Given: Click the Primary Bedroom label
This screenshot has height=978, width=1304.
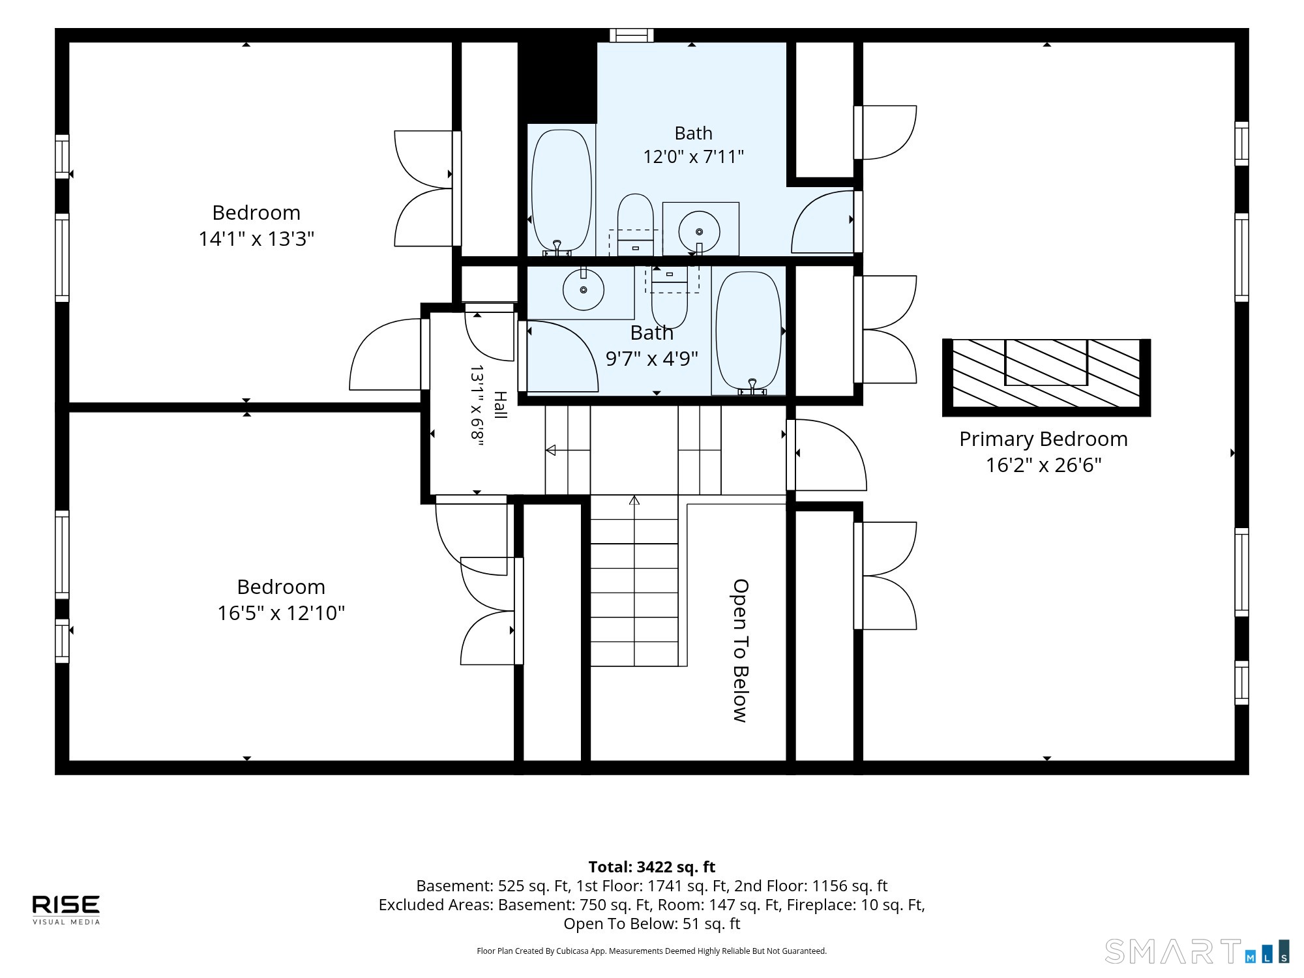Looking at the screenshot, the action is (x=1043, y=439).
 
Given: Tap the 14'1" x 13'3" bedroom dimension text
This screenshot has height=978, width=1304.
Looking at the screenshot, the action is (x=256, y=239).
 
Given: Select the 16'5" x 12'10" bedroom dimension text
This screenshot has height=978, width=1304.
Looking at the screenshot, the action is (x=281, y=613).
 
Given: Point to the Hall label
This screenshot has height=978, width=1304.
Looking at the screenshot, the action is (x=500, y=405).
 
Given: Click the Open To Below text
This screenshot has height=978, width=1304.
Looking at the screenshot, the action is (x=740, y=651).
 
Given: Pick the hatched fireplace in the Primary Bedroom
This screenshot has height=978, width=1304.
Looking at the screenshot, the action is (x=1046, y=378).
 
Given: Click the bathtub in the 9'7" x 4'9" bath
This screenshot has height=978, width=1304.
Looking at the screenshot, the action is (x=748, y=333).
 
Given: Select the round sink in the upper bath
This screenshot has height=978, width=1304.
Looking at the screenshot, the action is (x=699, y=231).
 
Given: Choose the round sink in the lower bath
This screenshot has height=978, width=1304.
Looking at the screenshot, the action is (x=584, y=289).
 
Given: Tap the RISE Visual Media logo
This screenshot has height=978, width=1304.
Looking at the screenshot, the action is (x=67, y=910).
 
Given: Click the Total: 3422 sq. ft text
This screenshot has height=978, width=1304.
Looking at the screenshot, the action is (x=652, y=867).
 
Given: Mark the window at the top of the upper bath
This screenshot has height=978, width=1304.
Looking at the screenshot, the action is (x=632, y=35).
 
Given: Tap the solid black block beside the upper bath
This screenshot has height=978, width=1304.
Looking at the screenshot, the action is (x=558, y=81).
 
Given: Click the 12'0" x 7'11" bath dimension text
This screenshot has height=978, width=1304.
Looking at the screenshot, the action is (x=694, y=157).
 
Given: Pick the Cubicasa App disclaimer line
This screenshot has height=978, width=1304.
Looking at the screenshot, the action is (x=652, y=951).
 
